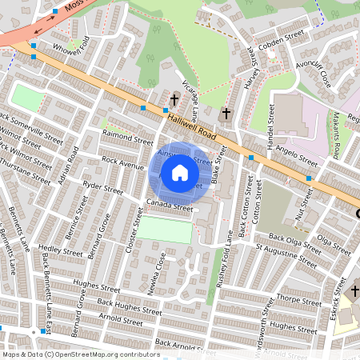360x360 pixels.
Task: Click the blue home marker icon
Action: [x=180, y=173]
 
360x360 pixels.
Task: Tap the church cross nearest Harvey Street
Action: [x=226, y=114]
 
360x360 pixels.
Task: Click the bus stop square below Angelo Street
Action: [x=309, y=178]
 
